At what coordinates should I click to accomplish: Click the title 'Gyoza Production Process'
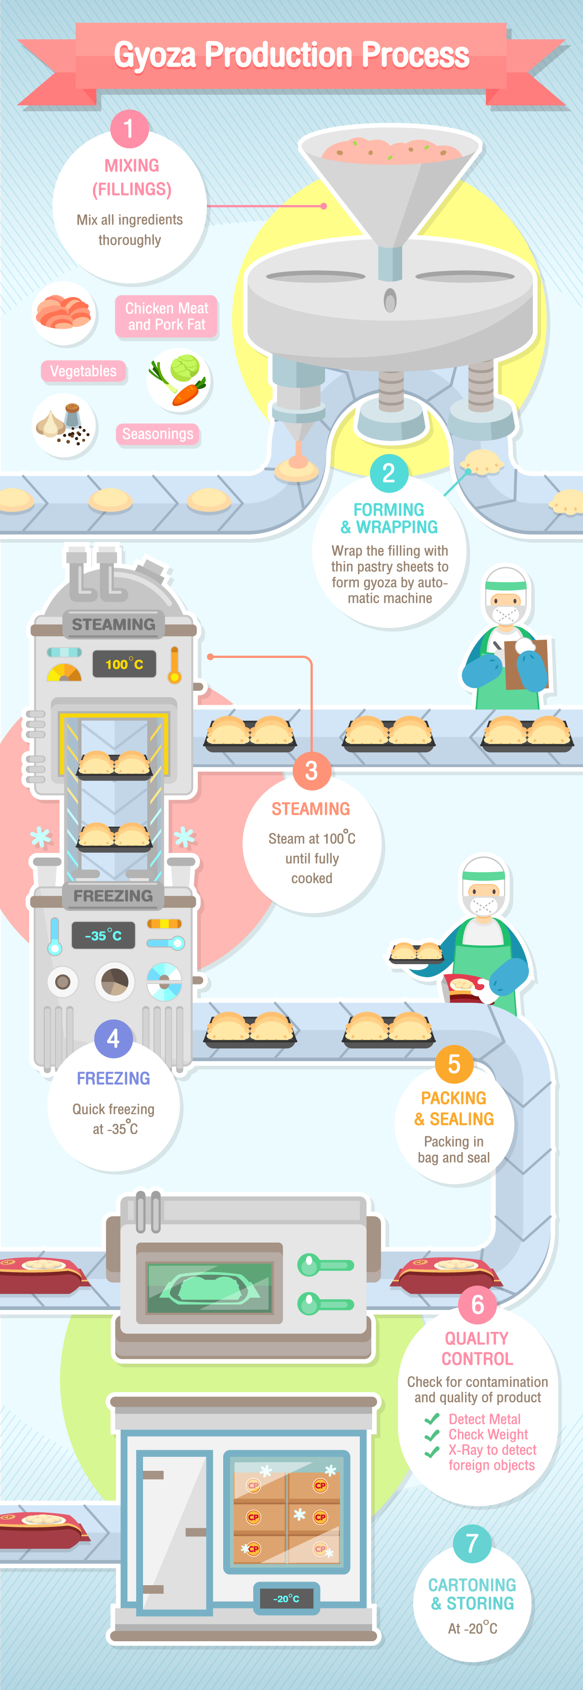coord(291,55)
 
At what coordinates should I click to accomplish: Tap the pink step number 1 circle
coord(129,128)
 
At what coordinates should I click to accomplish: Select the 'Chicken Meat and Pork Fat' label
coord(167,316)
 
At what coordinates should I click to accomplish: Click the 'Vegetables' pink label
coord(83,371)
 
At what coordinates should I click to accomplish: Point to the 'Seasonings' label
coord(158,434)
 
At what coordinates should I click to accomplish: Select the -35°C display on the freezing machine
coord(103,935)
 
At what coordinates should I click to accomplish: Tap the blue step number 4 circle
coord(113,1038)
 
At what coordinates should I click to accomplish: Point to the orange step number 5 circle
coord(454,1064)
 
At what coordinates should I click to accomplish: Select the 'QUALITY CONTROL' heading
coord(477,1348)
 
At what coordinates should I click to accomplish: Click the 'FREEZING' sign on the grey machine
coord(113,895)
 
